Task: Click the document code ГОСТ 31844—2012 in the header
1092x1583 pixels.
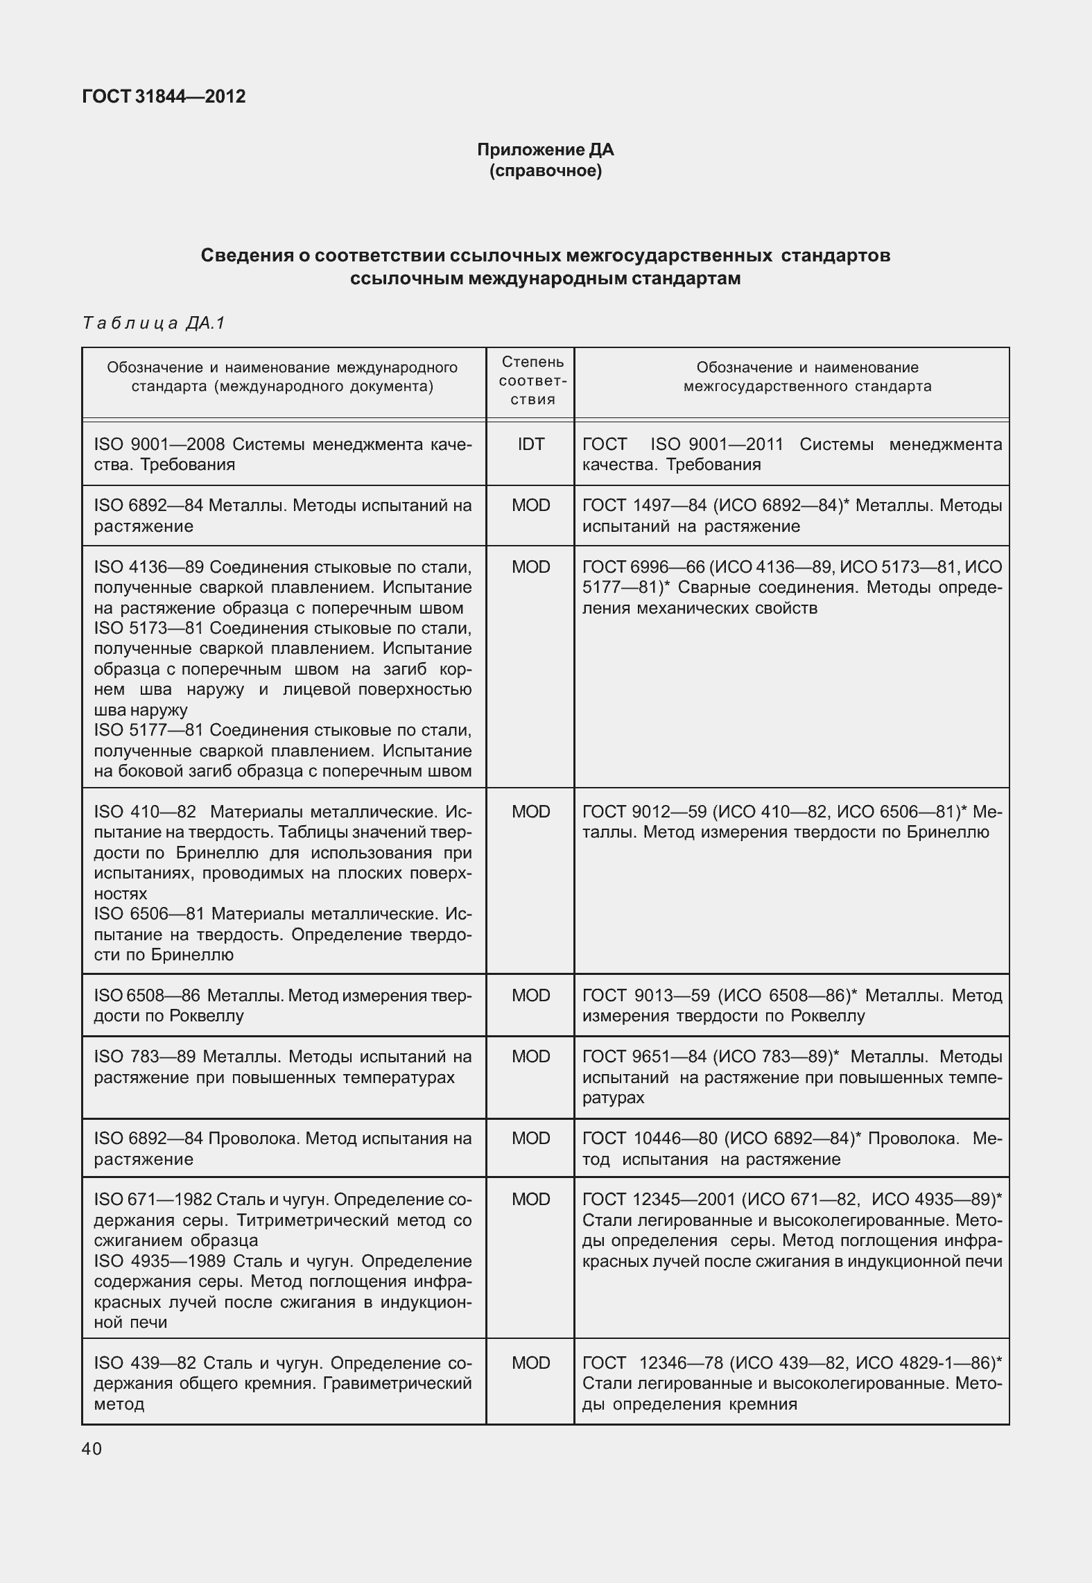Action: tap(164, 96)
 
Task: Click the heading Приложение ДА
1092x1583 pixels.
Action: tap(545, 150)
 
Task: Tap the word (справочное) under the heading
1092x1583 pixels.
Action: tap(545, 171)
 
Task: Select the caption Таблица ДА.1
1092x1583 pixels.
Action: tap(154, 323)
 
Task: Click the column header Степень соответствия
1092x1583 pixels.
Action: tap(532, 381)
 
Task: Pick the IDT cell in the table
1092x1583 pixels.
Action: tap(531, 444)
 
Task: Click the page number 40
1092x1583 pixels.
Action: tap(92, 1448)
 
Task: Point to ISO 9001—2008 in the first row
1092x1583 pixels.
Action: tap(146, 444)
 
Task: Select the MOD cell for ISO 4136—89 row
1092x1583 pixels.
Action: tap(531, 567)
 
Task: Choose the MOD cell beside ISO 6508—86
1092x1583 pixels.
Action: tap(531, 996)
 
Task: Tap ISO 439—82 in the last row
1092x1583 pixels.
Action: tap(145, 1363)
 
